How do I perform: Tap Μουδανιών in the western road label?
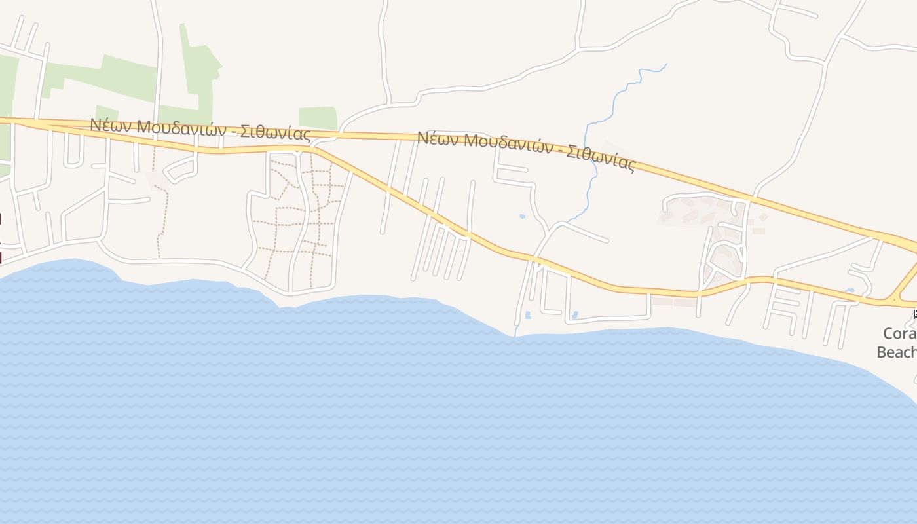click(173, 128)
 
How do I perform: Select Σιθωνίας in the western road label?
click(275, 133)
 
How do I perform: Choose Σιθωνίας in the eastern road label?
click(601, 157)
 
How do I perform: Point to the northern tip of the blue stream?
click(666, 64)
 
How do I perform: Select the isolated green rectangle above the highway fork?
click(318, 118)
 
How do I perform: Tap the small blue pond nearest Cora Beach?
click(850, 290)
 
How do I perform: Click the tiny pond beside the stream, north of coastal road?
click(522, 216)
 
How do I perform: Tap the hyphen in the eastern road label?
click(557, 150)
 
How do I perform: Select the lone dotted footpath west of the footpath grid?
click(162, 210)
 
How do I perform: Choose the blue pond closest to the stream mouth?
click(528, 316)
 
